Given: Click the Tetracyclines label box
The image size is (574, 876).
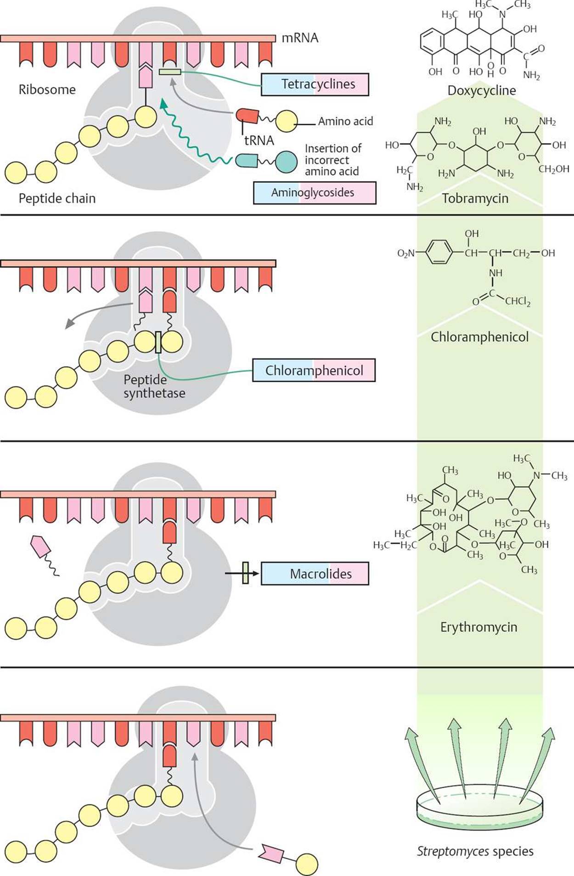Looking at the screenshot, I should (x=315, y=84).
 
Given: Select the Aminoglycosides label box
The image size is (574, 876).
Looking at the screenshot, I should (x=315, y=193).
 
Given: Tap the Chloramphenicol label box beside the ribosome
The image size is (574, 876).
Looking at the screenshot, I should (x=314, y=370).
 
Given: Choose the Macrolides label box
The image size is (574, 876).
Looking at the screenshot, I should (x=315, y=574).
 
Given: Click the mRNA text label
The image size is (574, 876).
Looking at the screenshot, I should (x=300, y=38).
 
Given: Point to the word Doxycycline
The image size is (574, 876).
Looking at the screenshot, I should (x=481, y=90).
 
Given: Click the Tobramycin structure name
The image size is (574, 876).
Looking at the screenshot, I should (x=475, y=199).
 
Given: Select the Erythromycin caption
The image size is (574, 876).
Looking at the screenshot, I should (x=478, y=627).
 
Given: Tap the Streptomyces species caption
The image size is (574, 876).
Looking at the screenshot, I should (x=475, y=851).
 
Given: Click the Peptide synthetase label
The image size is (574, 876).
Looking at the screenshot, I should (x=154, y=386).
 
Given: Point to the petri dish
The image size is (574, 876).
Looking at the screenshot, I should (x=479, y=807).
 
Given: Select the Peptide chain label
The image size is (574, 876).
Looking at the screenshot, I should (x=57, y=199).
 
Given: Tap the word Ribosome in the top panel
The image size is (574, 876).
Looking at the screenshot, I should (x=47, y=89).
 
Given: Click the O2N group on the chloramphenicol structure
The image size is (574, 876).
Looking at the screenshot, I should (x=406, y=253).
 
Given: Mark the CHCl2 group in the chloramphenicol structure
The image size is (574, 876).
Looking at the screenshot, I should (x=518, y=301).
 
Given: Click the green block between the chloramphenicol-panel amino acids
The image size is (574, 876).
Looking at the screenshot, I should (x=158, y=342).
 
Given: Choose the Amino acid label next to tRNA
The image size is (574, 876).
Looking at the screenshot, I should (x=345, y=122).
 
